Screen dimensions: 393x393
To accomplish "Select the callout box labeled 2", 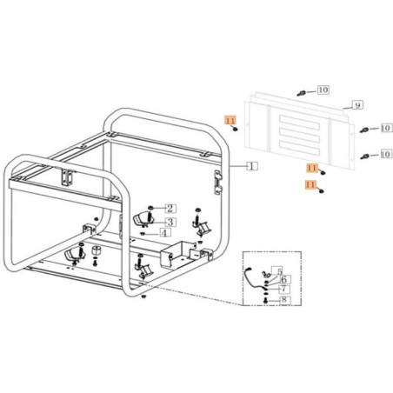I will click(x=170, y=208).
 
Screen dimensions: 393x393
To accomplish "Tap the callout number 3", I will click(x=170, y=221).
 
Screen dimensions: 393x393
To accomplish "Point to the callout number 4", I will click(x=164, y=233).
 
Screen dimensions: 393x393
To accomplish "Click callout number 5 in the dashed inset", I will click(x=277, y=271).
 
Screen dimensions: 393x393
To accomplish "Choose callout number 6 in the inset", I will click(x=283, y=280).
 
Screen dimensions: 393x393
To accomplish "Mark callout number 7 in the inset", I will click(x=283, y=289).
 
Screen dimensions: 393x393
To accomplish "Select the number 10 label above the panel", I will click(x=323, y=90).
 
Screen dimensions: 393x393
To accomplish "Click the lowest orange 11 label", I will click(x=310, y=185).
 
